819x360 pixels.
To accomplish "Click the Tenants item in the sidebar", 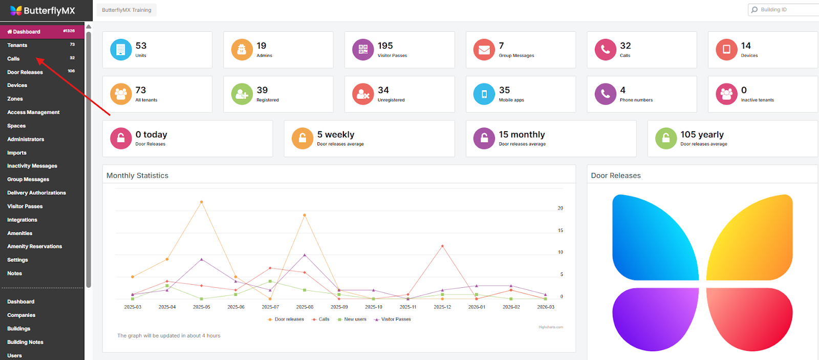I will tap(17, 46).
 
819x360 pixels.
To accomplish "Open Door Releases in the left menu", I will tap(25, 72).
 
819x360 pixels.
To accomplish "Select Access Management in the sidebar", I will tap(33, 112).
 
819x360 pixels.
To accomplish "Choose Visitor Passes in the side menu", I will tap(25, 206).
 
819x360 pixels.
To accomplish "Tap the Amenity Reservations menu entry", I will tap(34, 246).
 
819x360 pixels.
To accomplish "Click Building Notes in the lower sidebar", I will tap(25, 342).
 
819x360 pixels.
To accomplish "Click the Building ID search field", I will tap(786, 10).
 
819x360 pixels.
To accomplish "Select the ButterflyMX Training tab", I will tap(126, 10).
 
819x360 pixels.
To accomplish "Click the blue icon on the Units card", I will tap(121, 50).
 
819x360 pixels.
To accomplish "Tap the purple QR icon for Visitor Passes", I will tap(363, 50).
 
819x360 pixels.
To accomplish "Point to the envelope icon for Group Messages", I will tap(484, 50).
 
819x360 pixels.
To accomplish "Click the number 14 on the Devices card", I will tap(746, 46).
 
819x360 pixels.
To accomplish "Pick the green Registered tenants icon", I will tap(242, 94).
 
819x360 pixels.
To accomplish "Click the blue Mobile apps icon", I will tap(484, 94).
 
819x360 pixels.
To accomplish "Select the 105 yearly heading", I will tap(702, 135).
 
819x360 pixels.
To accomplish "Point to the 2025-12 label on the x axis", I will tap(442, 307).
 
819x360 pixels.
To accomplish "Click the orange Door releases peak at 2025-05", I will tap(201, 202).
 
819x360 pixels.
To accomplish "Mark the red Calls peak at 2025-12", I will tap(442, 246).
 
